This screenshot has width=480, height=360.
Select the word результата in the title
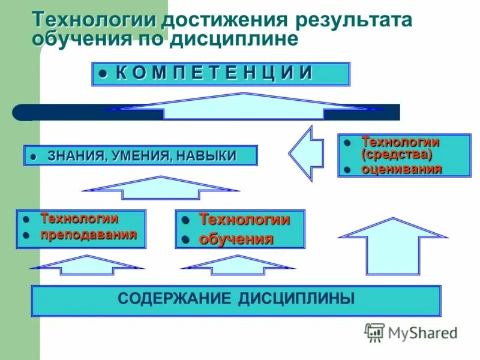(353, 19)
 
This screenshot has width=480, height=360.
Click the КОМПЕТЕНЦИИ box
(221, 74)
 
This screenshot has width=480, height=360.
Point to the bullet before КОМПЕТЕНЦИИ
(103, 74)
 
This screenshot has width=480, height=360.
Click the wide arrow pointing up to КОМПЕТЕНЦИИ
(243, 106)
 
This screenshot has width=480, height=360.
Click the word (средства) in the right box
(397, 154)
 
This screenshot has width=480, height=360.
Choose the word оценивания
(401, 169)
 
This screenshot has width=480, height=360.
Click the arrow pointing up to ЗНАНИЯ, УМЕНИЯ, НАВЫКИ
(160, 187)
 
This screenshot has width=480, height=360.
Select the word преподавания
(88, 234)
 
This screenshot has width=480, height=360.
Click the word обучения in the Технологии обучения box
(236, 239)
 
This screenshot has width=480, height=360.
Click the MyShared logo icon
(375, 332)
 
